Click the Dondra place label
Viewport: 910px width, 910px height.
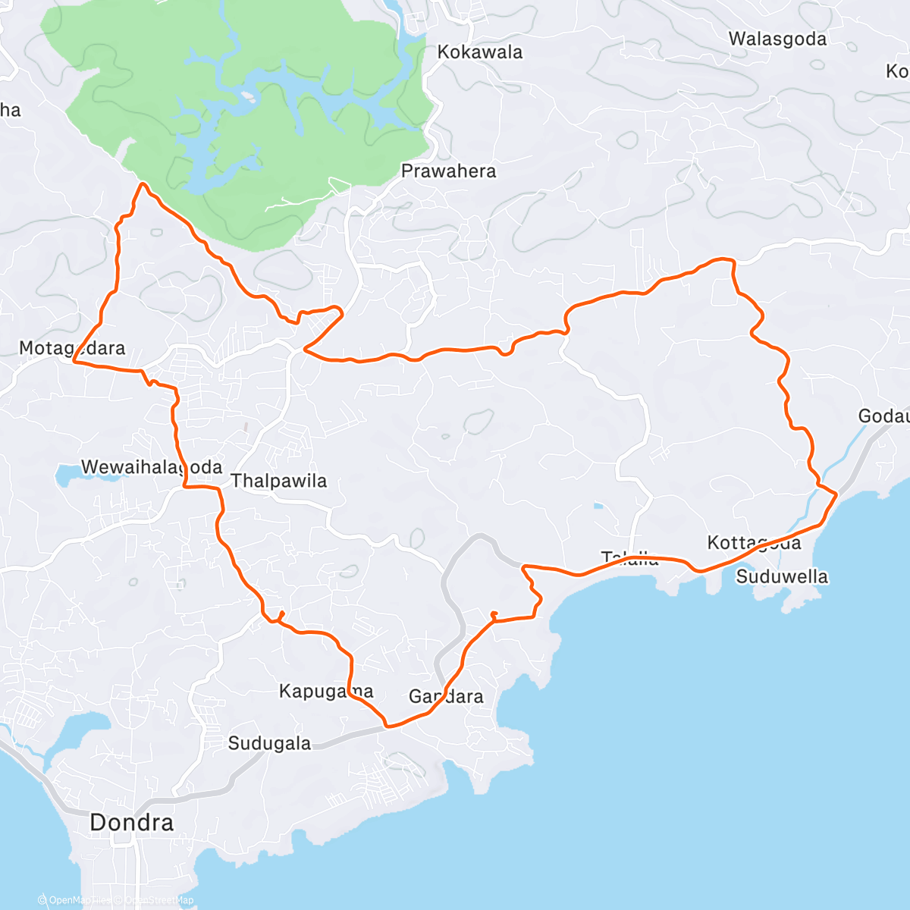point(131,822)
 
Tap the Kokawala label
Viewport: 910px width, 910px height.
point(480,52)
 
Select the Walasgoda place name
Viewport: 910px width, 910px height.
point(777,39)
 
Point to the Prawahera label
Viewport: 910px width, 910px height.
point(448,171)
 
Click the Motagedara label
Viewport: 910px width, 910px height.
point(72,348)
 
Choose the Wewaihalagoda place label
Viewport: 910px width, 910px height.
point(152,467)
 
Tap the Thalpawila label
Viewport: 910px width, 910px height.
point(279,481)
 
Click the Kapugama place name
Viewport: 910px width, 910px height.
point(326,691)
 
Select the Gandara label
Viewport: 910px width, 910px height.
point(446,696)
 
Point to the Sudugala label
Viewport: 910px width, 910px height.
point(269,743)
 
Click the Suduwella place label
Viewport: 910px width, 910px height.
point(782,576)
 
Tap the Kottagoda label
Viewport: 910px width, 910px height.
point(754,543)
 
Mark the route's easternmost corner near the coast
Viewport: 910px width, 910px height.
point(836,494)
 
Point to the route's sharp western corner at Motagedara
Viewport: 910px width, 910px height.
point(74,362)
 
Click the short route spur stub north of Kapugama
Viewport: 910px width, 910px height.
point(281,614)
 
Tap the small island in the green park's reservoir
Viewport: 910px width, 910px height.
point(247,96)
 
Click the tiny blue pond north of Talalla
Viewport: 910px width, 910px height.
point(598,506)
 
